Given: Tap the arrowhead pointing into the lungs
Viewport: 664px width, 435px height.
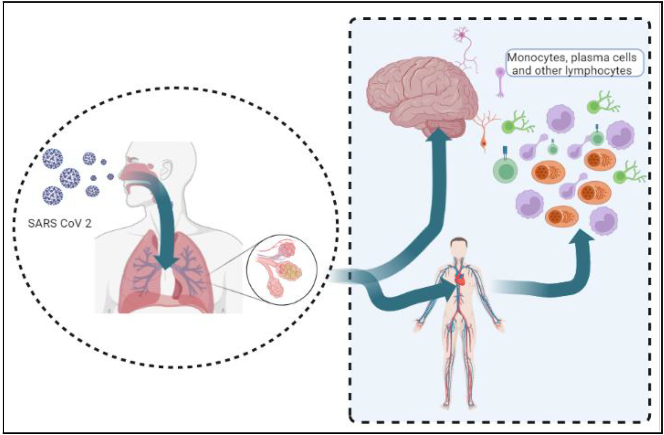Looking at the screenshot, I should tap(166, 262).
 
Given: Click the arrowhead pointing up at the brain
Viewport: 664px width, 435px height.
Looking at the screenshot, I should tap(438, 136).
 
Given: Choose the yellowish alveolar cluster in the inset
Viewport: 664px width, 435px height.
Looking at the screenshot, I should tap(290, 271).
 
